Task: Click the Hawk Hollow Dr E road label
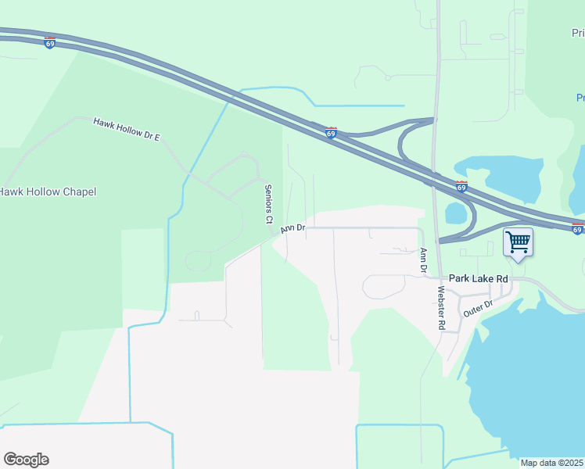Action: pos(126,130)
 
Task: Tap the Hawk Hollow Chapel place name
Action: pos(47,192)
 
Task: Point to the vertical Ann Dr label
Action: pos(423,260)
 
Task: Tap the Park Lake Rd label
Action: pos(479,278)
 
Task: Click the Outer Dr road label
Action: pos(478,307)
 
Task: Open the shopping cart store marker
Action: pos(518,242)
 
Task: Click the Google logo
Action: pos(26,460)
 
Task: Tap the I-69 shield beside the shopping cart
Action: pos(577,229)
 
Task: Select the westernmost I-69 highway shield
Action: pos(50,43)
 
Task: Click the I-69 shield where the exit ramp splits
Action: pos(331,133)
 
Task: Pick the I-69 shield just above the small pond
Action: pos(461,187)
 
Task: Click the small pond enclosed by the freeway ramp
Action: pos(456,212)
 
